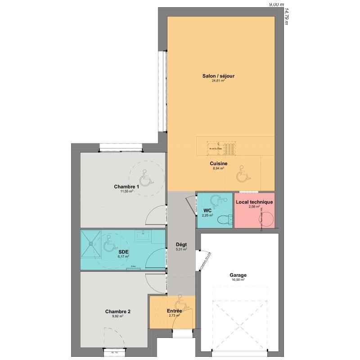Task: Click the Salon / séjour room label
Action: click(218, 76)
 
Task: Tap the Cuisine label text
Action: click(218, 164)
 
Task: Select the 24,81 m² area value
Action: click(218, 81)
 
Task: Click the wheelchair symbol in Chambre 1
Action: click(145, 178)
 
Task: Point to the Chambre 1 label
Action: click(126, 187)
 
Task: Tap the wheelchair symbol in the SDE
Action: click(108, 245)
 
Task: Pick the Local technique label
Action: click(254, 202)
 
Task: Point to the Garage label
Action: click(238, 275)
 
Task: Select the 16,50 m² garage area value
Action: click(238, 280)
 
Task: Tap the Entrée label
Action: click(174, 311)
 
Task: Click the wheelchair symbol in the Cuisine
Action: click(242, 174)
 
